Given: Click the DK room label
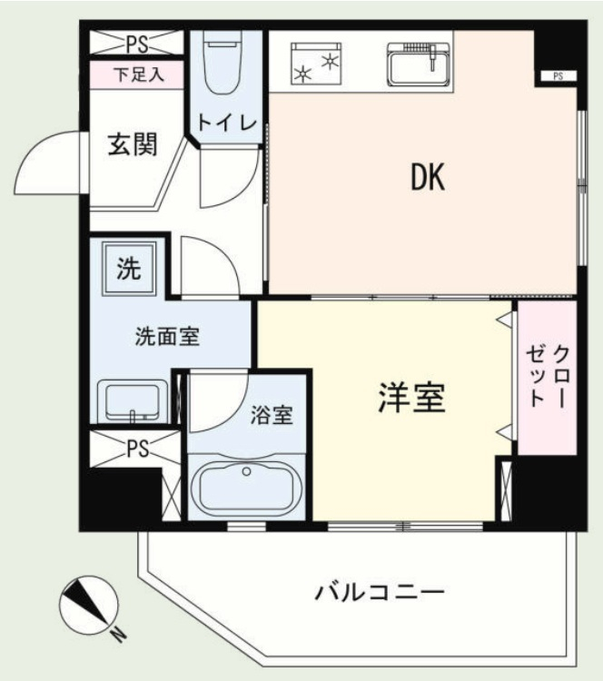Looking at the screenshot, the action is (x=428, y=177).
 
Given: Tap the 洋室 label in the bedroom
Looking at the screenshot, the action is (x=412, y=398).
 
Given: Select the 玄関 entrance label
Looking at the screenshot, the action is (x=133, y=143).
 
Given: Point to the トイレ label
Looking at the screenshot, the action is (x=227, y=123).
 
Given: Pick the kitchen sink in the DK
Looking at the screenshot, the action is (x=419, y=64).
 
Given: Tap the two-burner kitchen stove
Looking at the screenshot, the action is (x=316, y=64).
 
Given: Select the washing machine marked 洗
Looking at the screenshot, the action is (x=129, y=269).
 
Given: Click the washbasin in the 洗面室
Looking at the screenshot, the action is (x=133, y=400).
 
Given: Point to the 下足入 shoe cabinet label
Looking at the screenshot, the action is (x=139, y=74).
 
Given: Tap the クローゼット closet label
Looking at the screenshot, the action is (x=548, y=376).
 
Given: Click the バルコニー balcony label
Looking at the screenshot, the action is (x=380, y=592).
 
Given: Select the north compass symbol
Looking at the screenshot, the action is (x=89, y=606).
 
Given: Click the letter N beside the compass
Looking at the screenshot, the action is (x=118, y=636).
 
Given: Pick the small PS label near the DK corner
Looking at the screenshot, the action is (x=559, y=76).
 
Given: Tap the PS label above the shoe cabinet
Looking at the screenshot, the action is (x=137, y=44).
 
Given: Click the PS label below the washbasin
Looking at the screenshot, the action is (x=137, y=449).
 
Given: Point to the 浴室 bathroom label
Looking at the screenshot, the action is (x=272, y=415).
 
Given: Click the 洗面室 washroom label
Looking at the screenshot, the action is (x=167, y=337).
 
